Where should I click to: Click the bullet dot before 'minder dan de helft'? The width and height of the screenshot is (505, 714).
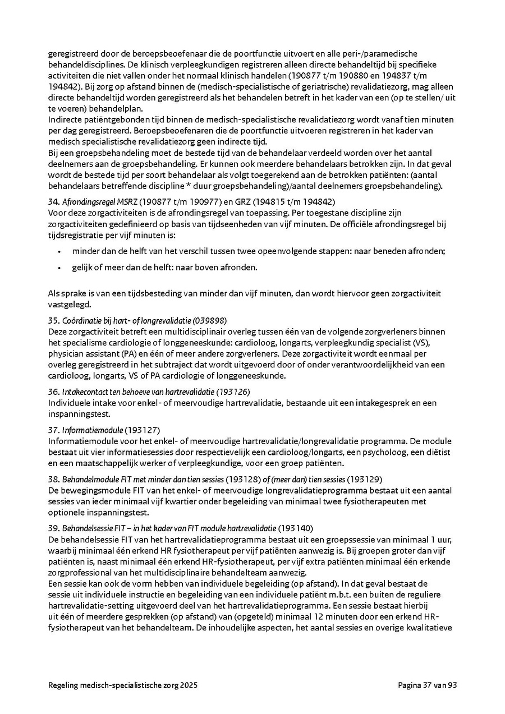click(x=59, y=252)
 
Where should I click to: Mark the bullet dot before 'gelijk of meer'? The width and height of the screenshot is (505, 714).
click(x=59, y=268)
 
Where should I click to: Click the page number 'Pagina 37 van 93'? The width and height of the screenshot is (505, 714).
click(x=428, y=685)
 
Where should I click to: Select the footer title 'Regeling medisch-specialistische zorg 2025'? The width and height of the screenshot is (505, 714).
click(x=123, y=685)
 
